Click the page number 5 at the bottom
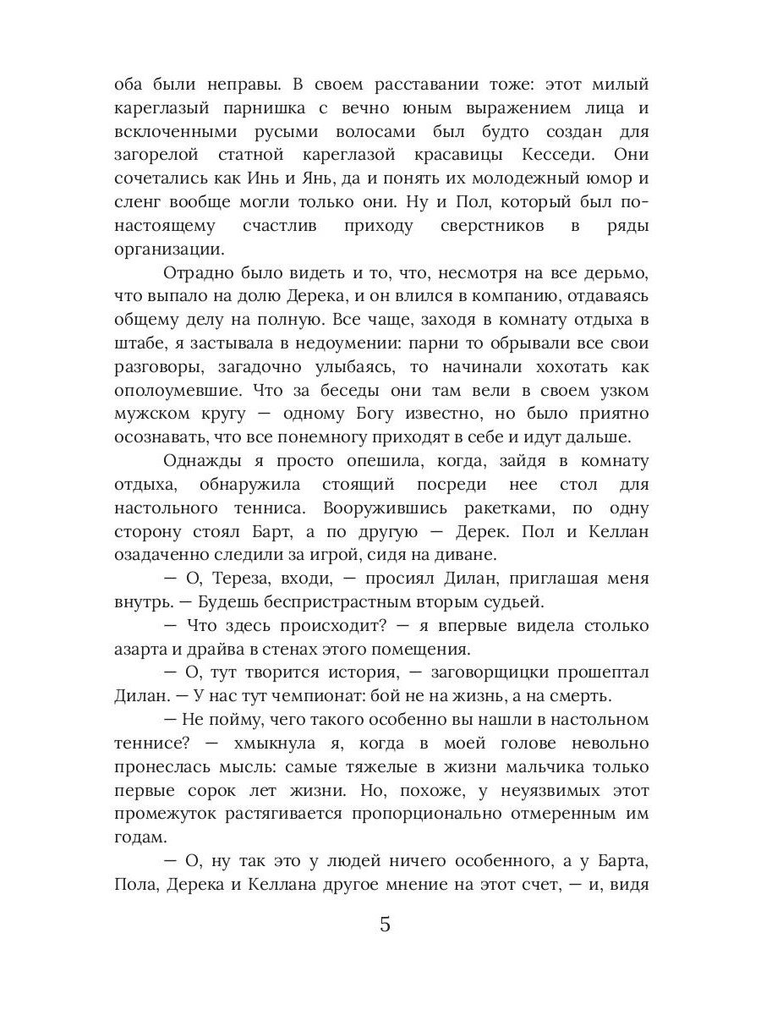pyautogui.click(x=385, y=924)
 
